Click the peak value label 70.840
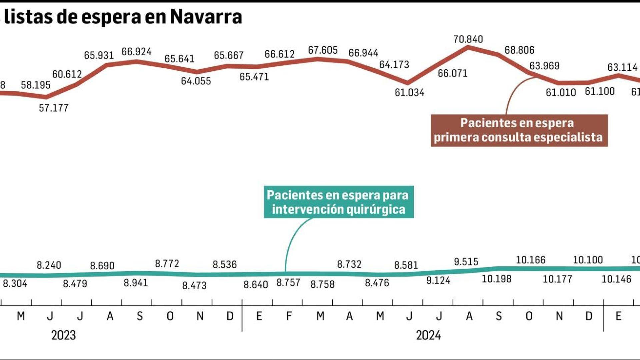(468, 39)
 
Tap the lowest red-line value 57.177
(54, 108)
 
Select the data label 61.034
(409, 93)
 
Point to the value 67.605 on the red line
(323, 50)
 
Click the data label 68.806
(519, 50)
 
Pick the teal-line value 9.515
(466, 262)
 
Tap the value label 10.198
(496, 279)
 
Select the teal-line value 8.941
(136, 283)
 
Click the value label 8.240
(49, 265)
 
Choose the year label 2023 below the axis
(63, 335)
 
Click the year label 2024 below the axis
(428, 335)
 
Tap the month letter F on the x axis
(289, 316)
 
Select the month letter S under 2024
(499, 316)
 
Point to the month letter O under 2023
(170, 316)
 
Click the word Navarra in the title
(206, 17)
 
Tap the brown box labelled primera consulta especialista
(519, 130)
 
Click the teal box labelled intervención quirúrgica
(339, 202)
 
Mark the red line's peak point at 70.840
(468, 47)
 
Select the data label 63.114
(622, 68)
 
